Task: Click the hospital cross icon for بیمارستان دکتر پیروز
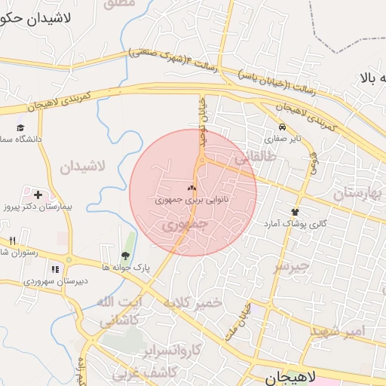coord(38,195)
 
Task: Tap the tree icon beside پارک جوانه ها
coord(125,256)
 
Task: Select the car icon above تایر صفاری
coord(281,127)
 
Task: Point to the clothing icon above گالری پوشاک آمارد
coord(295,213)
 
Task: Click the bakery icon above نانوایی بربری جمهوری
coord(191,189)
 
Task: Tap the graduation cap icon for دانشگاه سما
coord(21,127)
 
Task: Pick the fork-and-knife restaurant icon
coord(12,240)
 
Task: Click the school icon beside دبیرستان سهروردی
coord(54,269)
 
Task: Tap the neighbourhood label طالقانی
coord(251,159)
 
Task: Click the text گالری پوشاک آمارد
coord(294,225)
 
